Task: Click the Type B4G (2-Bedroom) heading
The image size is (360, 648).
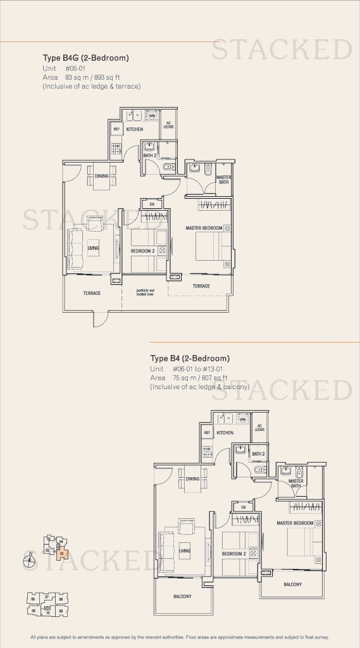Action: (x=85, y=58)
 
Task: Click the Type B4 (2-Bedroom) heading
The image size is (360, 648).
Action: (x=190, y=358)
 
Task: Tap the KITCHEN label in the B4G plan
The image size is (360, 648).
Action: (x=134, y=129)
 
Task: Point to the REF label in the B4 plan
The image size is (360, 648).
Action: (x=207, y=433)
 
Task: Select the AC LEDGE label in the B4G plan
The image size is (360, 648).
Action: (x=168, y=125)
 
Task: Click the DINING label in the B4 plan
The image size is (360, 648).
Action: (x=192, y=479)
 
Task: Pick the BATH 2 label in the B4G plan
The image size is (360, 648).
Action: (x=149, y=155)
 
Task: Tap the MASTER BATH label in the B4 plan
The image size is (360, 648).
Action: (x=296, y=483)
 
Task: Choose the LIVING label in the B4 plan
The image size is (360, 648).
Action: (x=184, y=551)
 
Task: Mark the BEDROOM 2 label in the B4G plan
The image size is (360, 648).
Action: (x=143, y=251)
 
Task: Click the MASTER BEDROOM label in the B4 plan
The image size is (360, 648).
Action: (x=295, y=523)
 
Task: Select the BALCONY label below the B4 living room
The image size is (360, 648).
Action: (x=182, y=597)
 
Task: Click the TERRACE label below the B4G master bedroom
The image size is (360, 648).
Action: (x=201, y=286)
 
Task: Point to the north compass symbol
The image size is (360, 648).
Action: (x=30, y=559)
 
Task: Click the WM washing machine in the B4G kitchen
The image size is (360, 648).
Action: (x=152, y=116)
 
